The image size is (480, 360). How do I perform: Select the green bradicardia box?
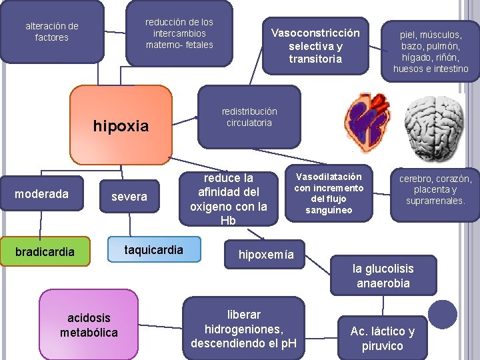coord(45,251)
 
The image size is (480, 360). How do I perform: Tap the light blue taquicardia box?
coord(154,250)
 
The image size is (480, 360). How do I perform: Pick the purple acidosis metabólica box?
coord(89,324)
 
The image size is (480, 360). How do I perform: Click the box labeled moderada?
coord(42,194)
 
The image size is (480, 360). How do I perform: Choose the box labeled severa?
coord(129,197)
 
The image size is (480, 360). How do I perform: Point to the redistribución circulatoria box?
coord(249,117)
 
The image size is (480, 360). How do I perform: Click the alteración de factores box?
coord(52,31)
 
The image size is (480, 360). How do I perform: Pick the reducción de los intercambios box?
coord(179,33)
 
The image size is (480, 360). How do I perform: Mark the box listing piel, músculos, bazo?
coord(430,51)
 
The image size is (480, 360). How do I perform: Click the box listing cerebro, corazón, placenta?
coord(435,189)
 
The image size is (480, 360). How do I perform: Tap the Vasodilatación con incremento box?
coord(329,193)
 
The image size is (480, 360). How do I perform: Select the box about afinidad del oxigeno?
coord(229,199)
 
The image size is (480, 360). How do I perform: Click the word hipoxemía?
coord(266,255)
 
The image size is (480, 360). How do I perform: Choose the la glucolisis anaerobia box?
coord(383,276)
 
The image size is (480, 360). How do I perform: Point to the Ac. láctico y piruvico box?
coord(382,338)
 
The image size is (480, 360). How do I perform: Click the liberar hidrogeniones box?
coord(243,328)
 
